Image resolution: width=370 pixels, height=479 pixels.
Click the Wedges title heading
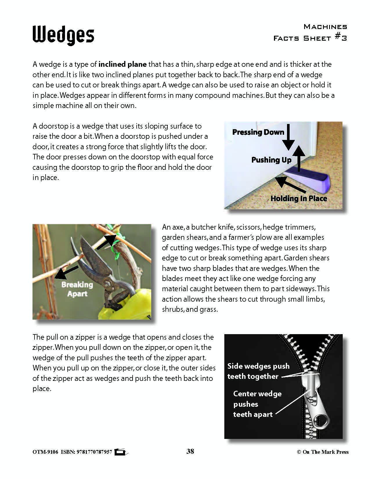(x=63, y=35)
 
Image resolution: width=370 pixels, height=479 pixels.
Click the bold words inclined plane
(x=122, y=64)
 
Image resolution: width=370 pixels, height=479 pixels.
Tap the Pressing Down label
(x=258, y=132)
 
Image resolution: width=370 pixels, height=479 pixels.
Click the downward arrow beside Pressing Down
(x=289, y=136)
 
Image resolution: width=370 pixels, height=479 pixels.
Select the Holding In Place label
(x=299, y=199)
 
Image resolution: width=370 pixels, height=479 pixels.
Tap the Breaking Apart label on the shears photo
(x=77, y=289)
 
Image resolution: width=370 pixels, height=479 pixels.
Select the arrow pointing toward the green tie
(x=106, y=242)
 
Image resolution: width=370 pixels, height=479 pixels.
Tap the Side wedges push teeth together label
(x=258, y=371)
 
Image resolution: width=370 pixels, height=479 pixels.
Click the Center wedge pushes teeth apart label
(x=257, y=404)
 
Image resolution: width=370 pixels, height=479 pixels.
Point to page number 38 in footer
(x=190, y=451)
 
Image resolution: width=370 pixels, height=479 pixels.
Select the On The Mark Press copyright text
(x=323, y=452)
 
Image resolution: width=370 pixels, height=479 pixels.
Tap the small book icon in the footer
(x=120, y=452)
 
